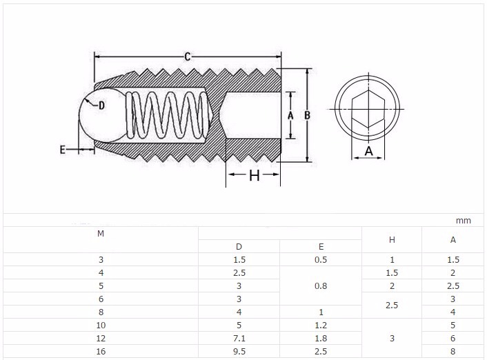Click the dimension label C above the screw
point(187,57)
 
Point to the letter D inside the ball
point(101,106)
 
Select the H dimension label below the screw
point(254,176)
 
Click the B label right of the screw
point(308,116)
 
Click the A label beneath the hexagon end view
point(368,151)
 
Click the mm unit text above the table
point(463,221)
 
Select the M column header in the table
point(101,233)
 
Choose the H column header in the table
point(392,240)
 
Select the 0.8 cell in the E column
point(321,286)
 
